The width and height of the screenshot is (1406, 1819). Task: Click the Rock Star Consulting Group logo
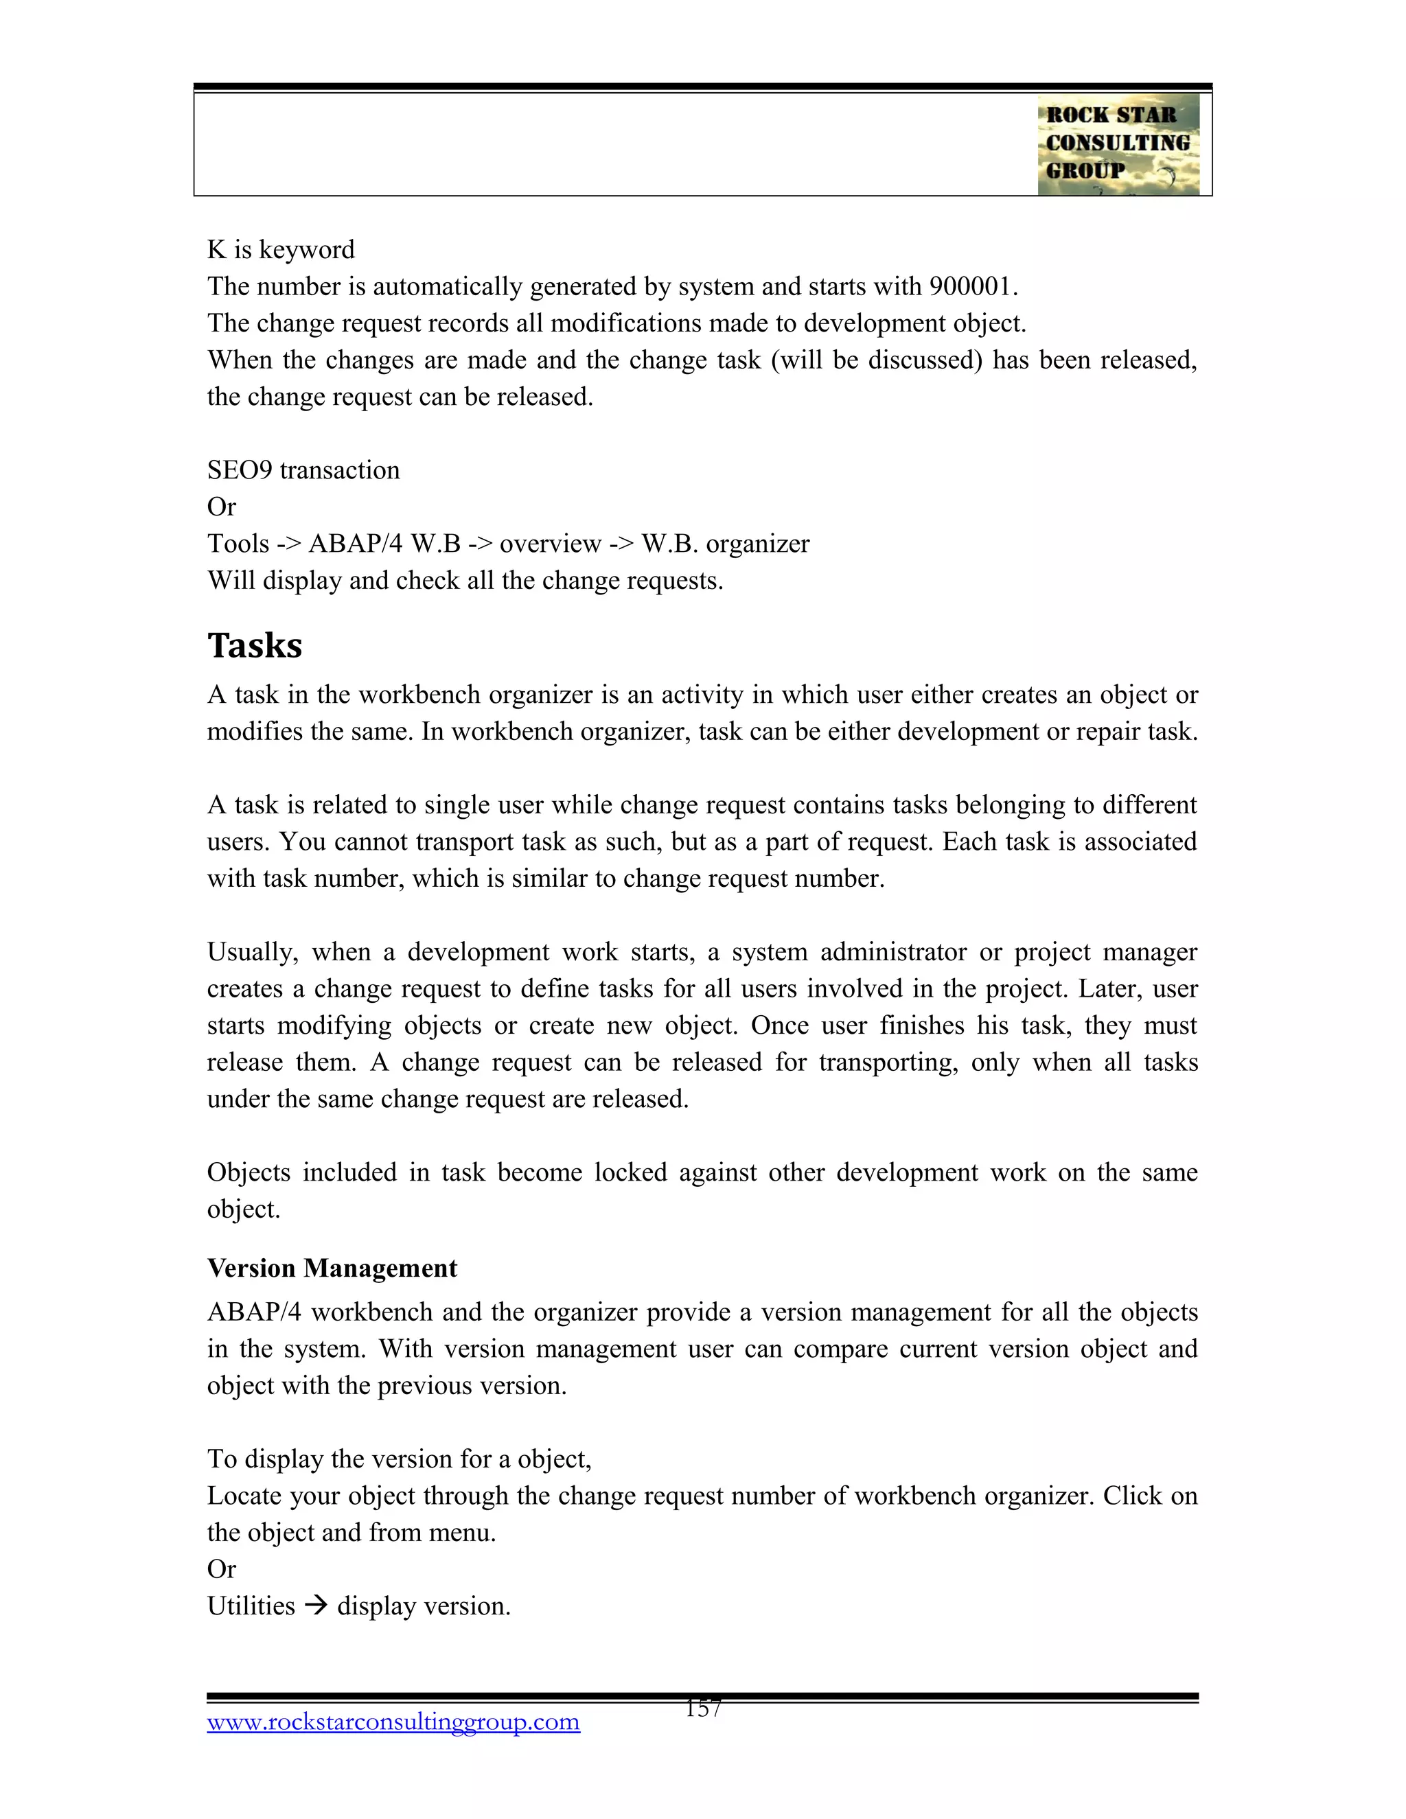[x=1118, y=144]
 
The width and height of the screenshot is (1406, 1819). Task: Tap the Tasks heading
[x=255, y=645]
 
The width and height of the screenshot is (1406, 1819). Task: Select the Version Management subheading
[x=332, y=1268]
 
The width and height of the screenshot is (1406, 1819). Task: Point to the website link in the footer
[x=393, y=1722]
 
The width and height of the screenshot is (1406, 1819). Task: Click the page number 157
[x=703, y=1709]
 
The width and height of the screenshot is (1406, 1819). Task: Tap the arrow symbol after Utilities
[x=316, y=1605]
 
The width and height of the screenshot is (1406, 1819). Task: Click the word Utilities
[x=251, y=1606]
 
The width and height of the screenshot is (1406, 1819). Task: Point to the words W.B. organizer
[x=726, y=544]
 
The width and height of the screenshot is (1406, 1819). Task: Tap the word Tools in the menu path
[x=238, y=544]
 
